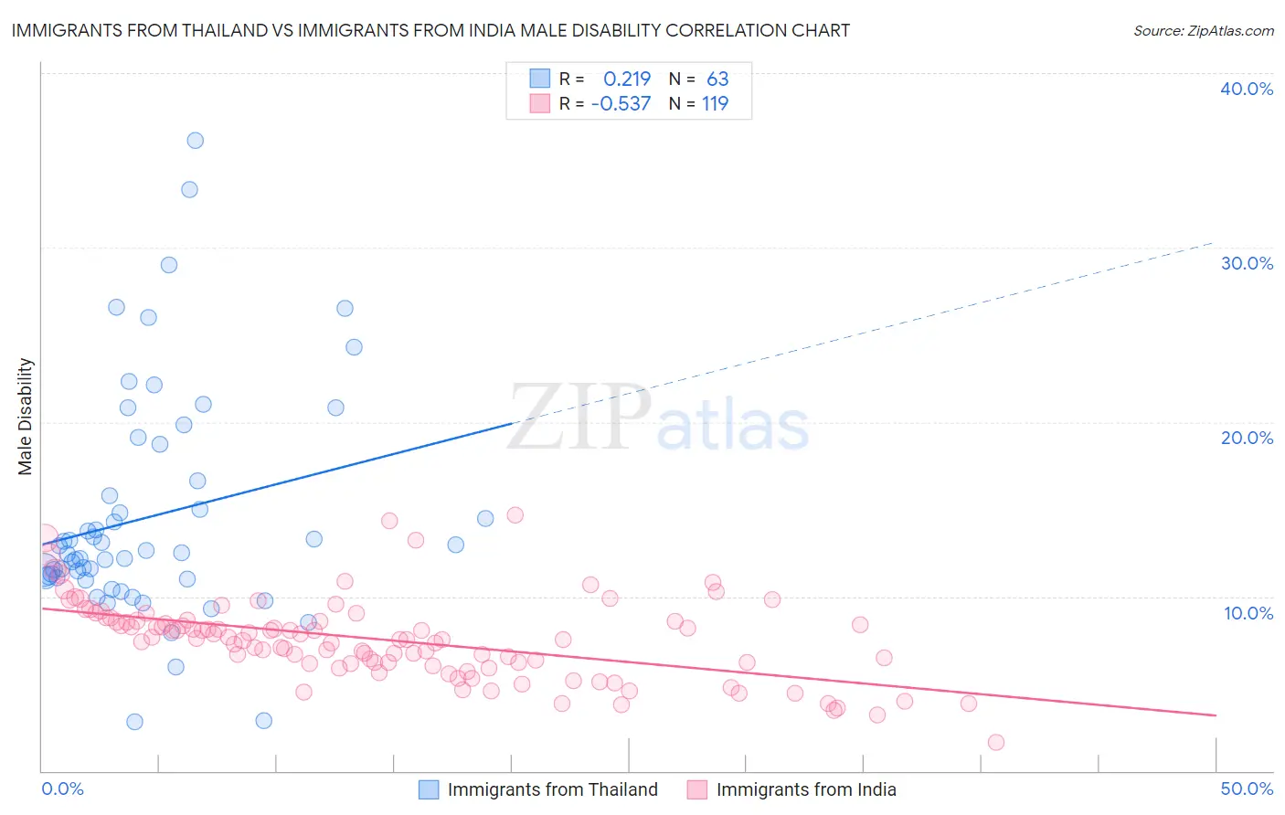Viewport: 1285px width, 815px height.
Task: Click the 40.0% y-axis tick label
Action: (1246, 89)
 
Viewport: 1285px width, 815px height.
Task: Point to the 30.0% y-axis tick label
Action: (1246, 263)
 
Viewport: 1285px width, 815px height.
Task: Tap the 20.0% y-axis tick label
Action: (1246, 438)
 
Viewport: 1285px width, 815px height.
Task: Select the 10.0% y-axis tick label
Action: (1248, 613)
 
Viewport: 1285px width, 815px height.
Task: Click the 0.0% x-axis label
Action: (62, 789)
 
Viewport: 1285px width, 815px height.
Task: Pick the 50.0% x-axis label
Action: (1247, 789)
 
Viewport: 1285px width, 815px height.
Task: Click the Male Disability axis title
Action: (26, 416)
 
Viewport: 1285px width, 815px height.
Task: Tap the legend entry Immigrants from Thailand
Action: (552, 789)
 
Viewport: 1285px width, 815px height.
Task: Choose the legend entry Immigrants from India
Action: (806, 789)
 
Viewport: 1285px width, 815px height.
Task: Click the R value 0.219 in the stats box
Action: (627, 79)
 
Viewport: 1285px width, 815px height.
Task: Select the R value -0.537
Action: (621, 103)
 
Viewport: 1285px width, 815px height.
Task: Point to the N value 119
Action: (715, 103)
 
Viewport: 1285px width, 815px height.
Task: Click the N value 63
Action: (717, 79)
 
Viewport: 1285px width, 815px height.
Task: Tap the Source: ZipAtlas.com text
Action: (1203, 31)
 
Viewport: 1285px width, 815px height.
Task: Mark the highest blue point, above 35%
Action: (195, 141)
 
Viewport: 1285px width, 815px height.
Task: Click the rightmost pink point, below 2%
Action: (996, 742)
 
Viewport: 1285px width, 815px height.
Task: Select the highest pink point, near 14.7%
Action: (515, 515)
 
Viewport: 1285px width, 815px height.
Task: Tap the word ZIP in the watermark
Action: (579, 418)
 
